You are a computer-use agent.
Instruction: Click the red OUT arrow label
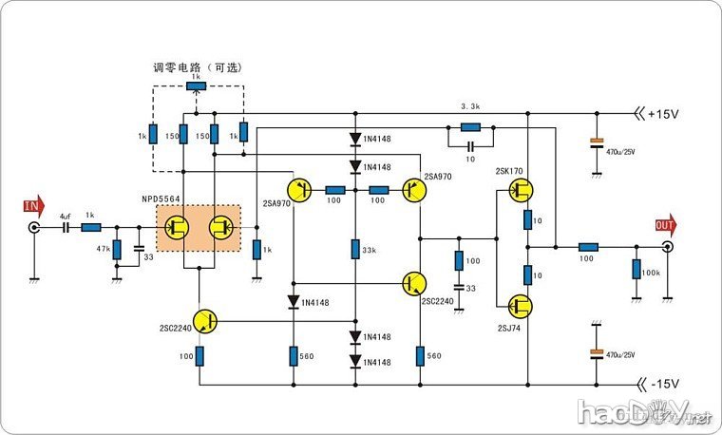click(x=667, y=225)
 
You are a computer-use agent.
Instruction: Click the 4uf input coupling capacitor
click(x=66, y=228)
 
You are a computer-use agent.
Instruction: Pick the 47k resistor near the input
click(x=117, y=250)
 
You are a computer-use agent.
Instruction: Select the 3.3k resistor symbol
click(x=469, y=126)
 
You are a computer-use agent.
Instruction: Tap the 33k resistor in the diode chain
click(x=354, y=250)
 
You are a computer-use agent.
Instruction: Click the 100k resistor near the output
click(x=636, y=270)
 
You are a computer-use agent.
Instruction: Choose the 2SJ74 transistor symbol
click(x=519, y=306)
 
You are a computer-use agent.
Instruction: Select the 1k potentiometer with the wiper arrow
click(x=197, y=87)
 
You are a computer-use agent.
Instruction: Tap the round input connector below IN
click(x=34, y=229)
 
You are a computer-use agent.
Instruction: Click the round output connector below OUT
click(x=668, y=247)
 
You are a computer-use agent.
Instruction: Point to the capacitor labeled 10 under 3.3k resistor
click(x=470, y=147)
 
